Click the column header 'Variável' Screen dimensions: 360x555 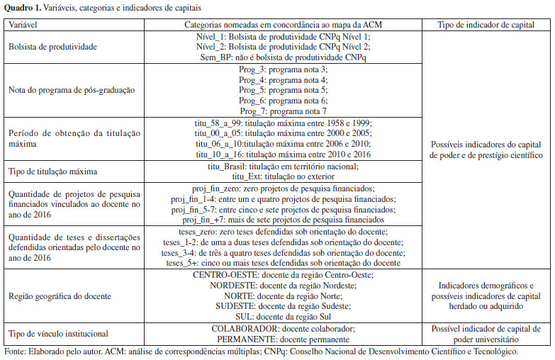23,24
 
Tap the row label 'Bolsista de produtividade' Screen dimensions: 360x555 53,46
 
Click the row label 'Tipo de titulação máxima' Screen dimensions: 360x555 55,171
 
